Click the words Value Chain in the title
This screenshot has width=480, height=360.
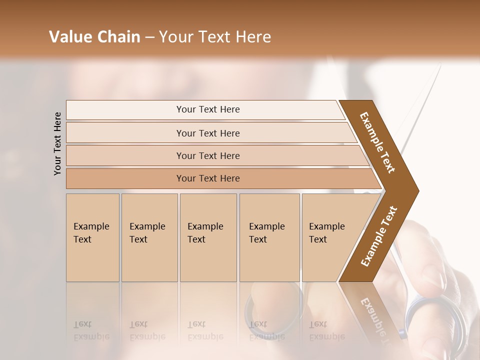[x=94, y=37]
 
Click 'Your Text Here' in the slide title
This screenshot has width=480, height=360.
[x=215, y=37]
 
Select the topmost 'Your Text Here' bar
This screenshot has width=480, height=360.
[x=208, y=109]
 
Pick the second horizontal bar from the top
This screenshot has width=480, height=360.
[x=208, y=133]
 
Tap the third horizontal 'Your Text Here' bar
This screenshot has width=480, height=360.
[x=208, y=155]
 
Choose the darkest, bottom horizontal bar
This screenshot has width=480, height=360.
[x=208, y=178]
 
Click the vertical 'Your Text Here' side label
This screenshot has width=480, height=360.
[x=58, y=143]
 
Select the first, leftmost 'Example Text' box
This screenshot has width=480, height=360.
[x=92, y=237]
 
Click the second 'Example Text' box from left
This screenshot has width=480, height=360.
[x=149, y=237]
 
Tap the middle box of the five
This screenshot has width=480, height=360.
[x=208, y=237]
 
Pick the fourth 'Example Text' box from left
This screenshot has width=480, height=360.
[x=269, y=237]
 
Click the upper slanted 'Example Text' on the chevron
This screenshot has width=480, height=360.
[x=377, y=142]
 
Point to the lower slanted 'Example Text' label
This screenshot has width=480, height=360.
[x=379, y=236]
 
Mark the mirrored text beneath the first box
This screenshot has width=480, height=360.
[x=91, y=330]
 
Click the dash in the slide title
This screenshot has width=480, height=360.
[x=149, y=37]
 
